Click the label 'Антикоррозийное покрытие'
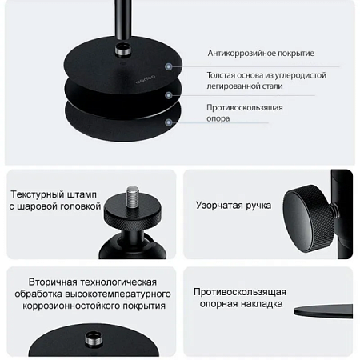pos(260,54)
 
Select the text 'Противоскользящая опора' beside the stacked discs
pos(244,113)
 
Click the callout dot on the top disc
pos(169,67)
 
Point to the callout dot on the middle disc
pos(169,95)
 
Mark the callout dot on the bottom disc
pos(169,122)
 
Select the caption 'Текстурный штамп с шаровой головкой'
pos(54,200)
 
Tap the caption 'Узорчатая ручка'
pos(234,206)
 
